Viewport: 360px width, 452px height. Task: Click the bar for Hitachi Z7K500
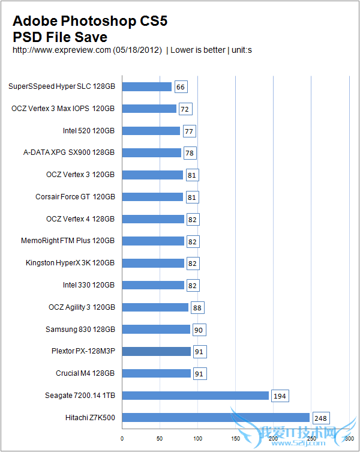pos(216,417)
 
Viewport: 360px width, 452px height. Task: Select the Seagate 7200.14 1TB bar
pos(196,396)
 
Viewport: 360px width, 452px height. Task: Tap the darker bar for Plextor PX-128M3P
pos(157,351)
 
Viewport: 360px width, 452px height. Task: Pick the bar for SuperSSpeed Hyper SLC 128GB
pos(147,86)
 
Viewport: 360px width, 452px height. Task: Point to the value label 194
pos(280,396)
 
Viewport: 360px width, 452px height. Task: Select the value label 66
pos(181,87)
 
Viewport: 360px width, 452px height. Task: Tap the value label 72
pos(185,109)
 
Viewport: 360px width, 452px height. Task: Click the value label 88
pos(197,307)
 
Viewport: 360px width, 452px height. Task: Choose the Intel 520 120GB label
pos(88,131)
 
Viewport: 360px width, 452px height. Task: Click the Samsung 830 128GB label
pos(80,329)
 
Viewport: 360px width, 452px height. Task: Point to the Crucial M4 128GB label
pos(85,373)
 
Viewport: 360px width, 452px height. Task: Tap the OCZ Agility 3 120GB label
pos(81,307)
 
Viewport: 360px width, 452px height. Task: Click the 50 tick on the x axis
pos(160,438)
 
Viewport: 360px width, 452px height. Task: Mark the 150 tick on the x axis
pos(236,438)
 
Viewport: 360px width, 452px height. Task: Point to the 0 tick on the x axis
pos(122,438)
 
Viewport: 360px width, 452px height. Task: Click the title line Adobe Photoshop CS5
pos(89,22)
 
